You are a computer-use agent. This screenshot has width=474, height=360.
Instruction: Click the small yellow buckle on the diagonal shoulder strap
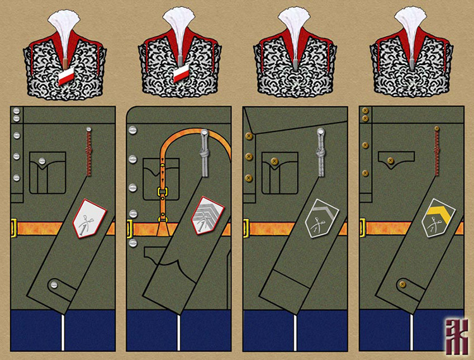pos(162,192)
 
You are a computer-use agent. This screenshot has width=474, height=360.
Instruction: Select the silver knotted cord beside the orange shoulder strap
pos(204,155)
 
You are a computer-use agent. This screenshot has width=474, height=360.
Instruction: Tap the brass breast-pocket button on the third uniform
pos(274,162)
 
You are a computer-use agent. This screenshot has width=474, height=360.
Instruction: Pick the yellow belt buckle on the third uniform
pos(246,227)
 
